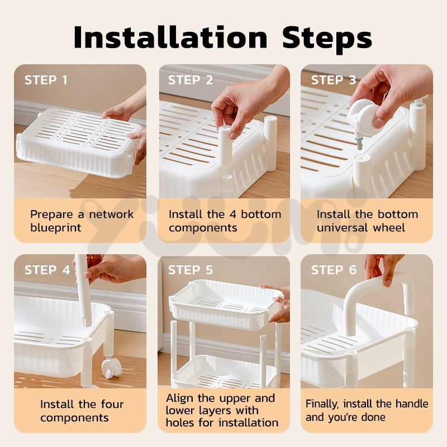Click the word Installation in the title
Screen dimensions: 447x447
pos(170,37)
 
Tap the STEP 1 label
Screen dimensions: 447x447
pos(46,80)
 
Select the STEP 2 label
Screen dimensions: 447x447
pos(191,80)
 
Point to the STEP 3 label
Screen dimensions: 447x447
pos(334,80)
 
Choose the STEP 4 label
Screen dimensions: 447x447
pos(47,270)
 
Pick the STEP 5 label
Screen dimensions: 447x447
pos(191,270)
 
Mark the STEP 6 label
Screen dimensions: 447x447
pos(334,270)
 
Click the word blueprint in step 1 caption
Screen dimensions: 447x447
pos(55,228)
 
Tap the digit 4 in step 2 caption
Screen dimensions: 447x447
pos(232,215)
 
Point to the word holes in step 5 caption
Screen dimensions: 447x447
pos(180,422)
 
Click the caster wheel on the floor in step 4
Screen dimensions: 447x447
pos(111,368)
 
